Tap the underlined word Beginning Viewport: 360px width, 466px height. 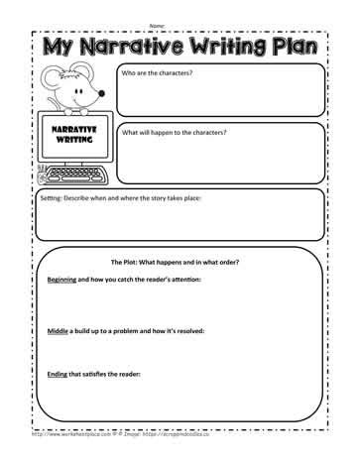[67, 282]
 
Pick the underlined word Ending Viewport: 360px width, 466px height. [59, 374]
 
